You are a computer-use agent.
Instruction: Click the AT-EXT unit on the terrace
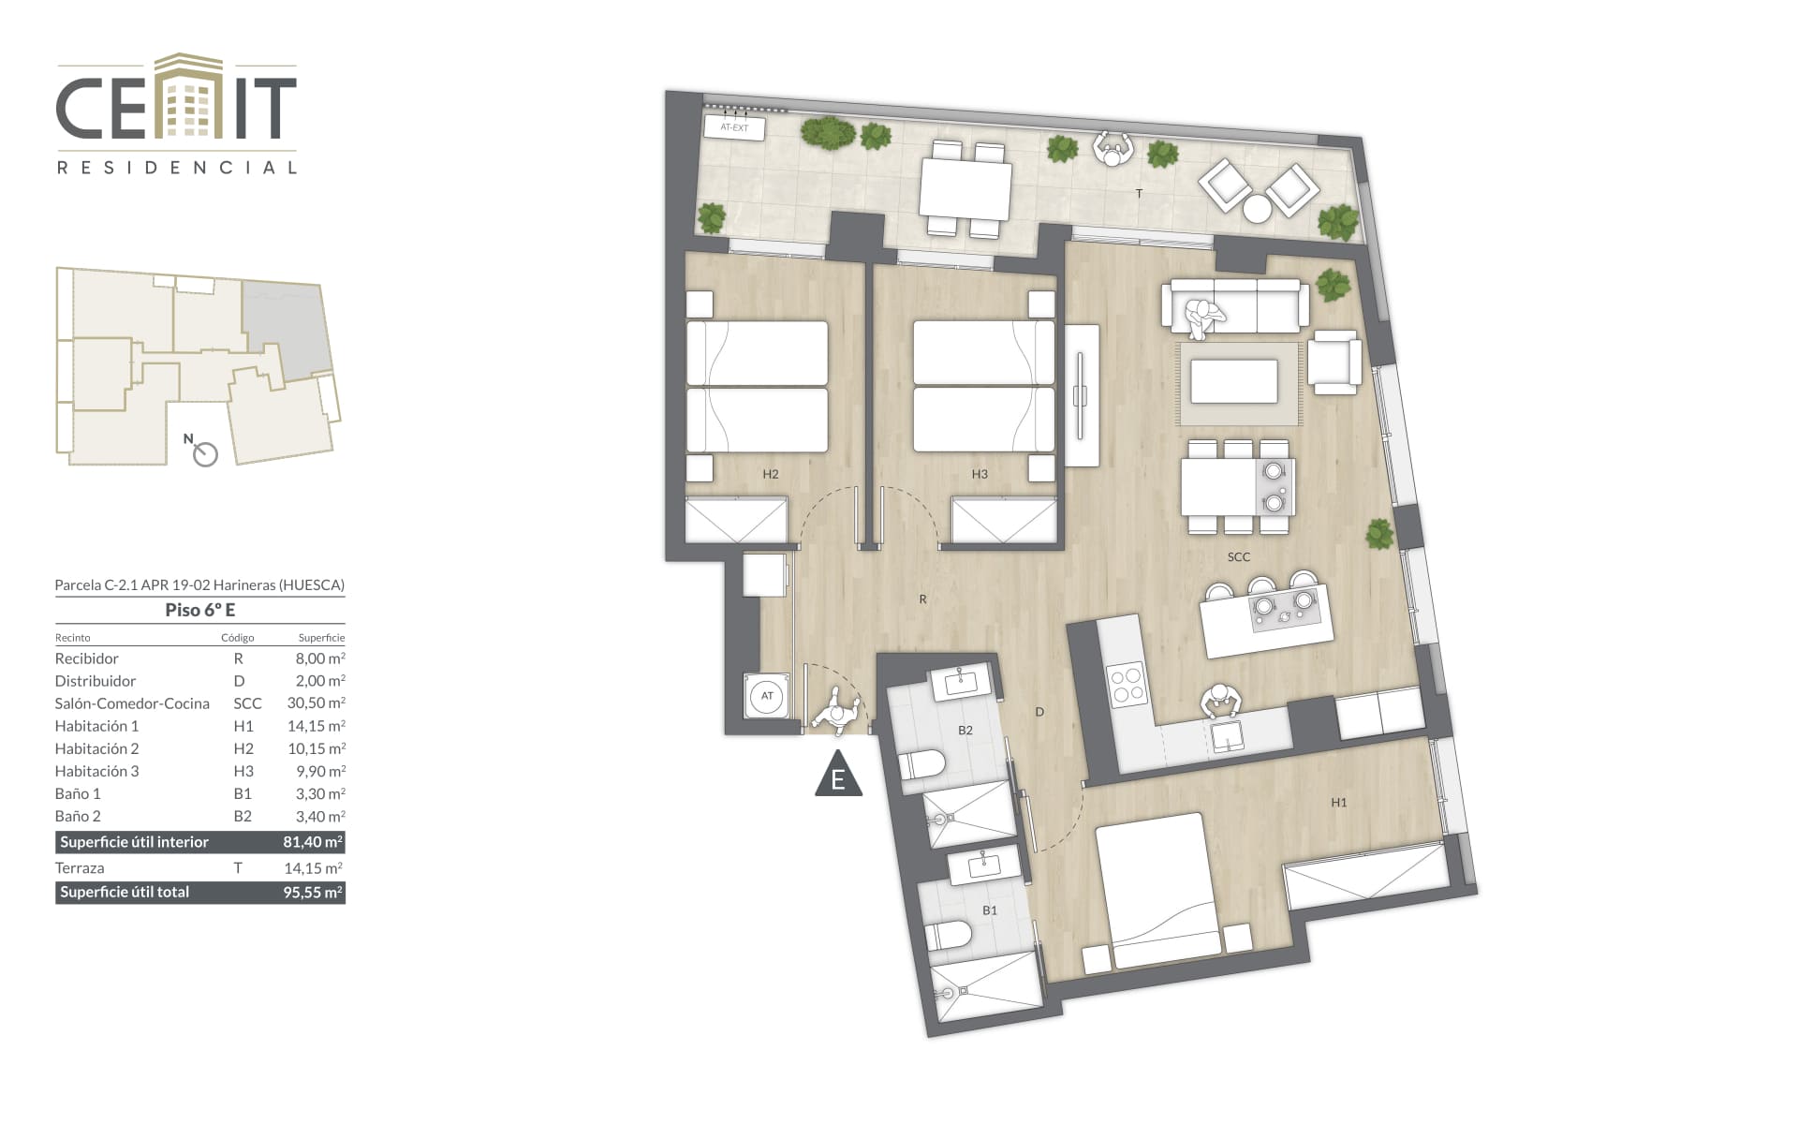734,127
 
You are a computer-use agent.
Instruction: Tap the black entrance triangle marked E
838,774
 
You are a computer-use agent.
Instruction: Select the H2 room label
771,474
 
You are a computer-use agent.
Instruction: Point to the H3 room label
980,474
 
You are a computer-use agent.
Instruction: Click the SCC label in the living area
1239,557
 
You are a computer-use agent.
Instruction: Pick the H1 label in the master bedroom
1339,803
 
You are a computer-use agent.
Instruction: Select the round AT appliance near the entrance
768,696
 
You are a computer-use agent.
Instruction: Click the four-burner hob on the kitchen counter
1126,684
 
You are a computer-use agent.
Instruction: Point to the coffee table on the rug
1234,381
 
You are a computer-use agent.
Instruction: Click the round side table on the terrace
1258,209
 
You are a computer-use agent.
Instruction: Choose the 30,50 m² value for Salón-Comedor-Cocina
317,703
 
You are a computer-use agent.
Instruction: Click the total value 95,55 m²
313,893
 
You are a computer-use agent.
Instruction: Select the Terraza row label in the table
80,868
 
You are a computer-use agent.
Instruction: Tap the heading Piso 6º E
200,610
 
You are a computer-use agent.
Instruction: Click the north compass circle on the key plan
205,454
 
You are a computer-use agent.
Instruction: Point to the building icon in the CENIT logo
188,96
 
